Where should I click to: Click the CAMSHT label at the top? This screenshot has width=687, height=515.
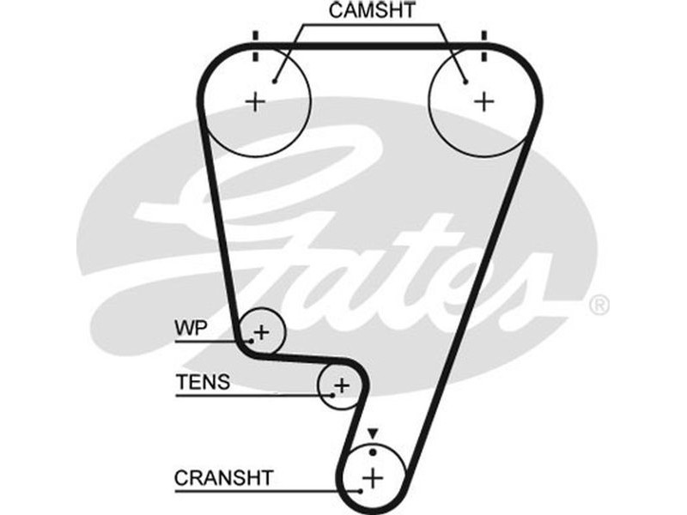[x=373, y=11]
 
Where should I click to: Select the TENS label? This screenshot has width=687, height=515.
[x=204, y=382]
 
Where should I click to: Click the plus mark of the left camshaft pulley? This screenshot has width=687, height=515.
[x=255, y=102]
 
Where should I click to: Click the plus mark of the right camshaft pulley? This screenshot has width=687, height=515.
[x=484, y=102]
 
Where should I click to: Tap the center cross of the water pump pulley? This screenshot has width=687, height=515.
[x=261, y=331]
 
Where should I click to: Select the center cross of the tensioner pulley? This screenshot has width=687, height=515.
[x=341, y=385]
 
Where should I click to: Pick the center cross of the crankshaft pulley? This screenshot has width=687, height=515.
[x=372, y=476]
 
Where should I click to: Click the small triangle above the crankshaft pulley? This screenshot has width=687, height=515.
[x=372, y=433]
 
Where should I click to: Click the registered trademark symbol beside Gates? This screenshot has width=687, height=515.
[x=599, y=305]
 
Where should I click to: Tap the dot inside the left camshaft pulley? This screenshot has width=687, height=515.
[x=273, y=82]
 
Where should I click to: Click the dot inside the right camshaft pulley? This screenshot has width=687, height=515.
[x=465, y=82]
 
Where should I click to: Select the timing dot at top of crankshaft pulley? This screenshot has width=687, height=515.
[x=372, y=451]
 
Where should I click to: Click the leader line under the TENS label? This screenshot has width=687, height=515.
[x=249, y=396]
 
